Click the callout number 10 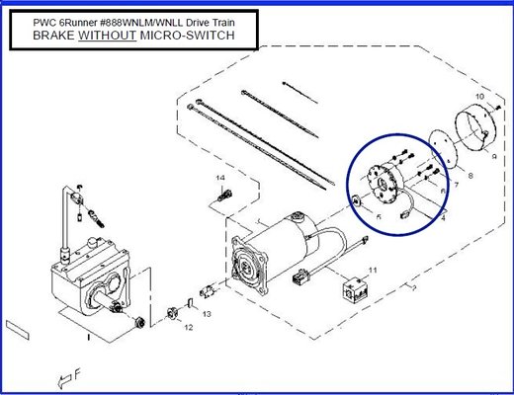479,96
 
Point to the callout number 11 373,269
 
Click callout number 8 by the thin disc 471,175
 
